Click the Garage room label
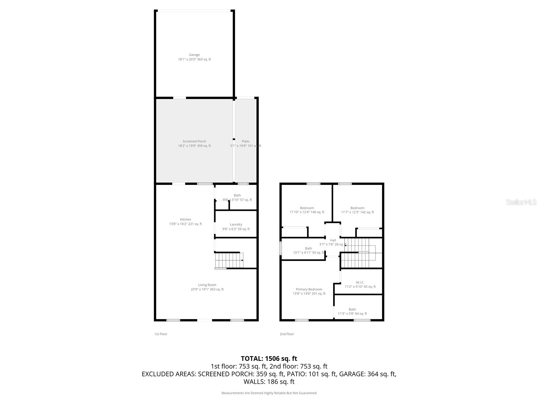(194, 55)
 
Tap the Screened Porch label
(194, 141)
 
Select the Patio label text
(245, 141)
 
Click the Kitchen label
(185, 220)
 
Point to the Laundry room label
(236, 225)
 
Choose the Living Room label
(207, 285)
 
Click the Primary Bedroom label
(309, 290)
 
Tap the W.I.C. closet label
(360, 282)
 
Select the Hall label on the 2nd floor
(333, 240)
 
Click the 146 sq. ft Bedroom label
(307, 208)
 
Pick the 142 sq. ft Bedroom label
(357, 208)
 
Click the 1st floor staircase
(229, 260)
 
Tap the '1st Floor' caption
(161, 334)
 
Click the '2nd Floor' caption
(287, 334)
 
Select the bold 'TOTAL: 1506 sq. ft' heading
(269, 359)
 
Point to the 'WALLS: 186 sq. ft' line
(269, 382)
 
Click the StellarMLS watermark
(521, 202)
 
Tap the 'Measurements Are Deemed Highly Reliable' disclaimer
(269, 393)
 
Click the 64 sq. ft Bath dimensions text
(352, 313)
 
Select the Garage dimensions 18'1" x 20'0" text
(194, 59)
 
